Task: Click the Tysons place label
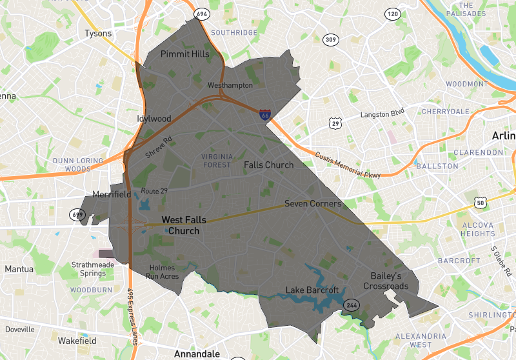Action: [98, 34]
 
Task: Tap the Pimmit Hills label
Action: [185, 54]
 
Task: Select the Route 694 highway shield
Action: [202, 14]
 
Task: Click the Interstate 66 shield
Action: [265, 115]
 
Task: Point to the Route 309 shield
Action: [331, 40]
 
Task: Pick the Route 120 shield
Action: [392, 14]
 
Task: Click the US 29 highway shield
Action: [333, 123]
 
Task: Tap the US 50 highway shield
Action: [479, 204]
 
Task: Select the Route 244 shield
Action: [352, 305]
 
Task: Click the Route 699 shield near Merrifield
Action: [78, 213]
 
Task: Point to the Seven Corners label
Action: [313, 204]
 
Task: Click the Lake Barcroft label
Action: [312, 290]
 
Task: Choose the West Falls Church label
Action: [184, 225]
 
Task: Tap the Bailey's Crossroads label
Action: [386, 281]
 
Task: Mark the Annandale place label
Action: [197, 354]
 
